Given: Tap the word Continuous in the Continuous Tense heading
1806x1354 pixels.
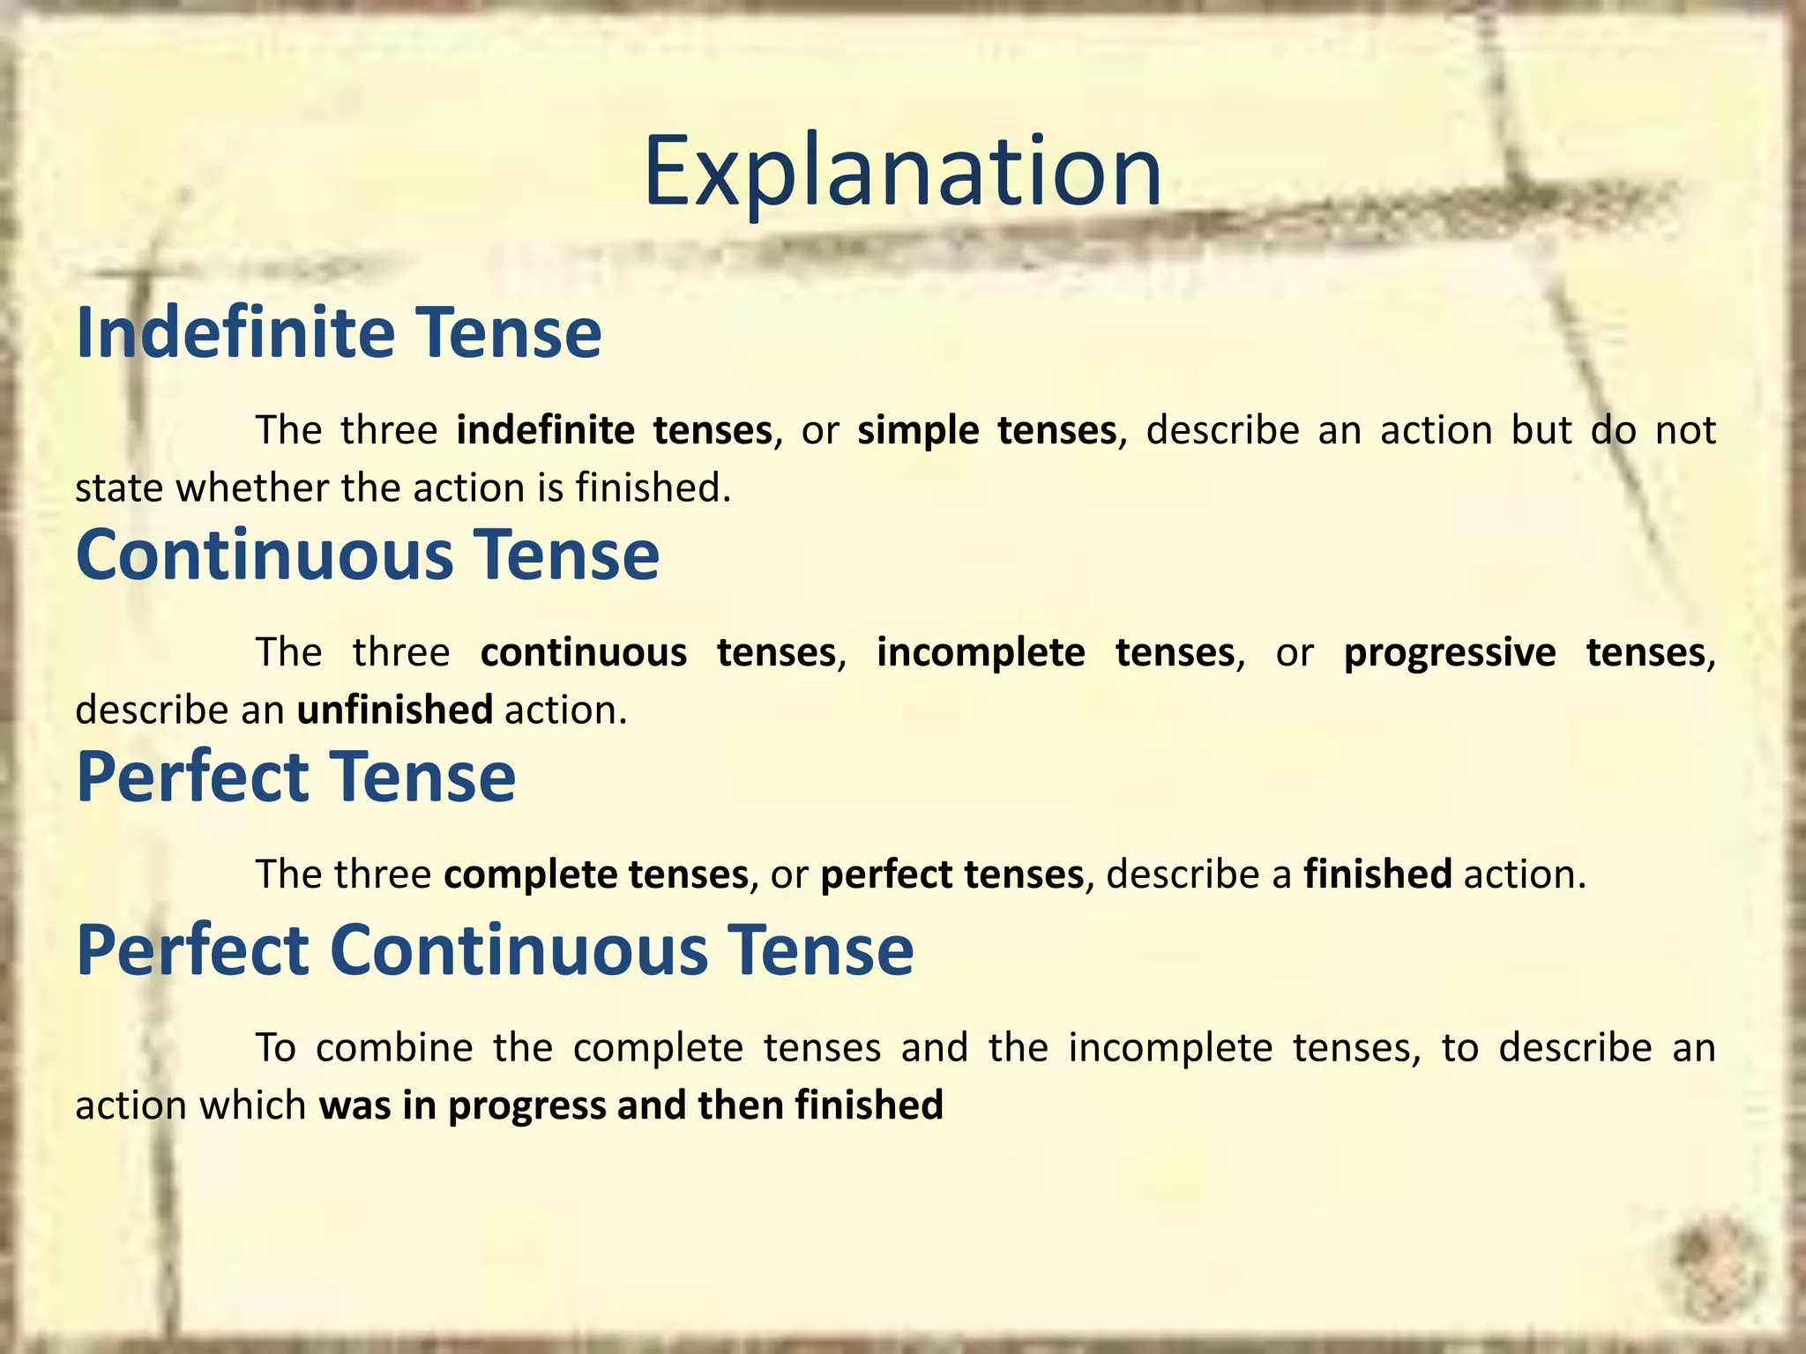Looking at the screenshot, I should click(265, 554).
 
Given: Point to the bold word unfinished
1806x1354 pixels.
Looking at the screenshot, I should click(394, 710).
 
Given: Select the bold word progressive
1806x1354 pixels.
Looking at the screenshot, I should click(1450, 653).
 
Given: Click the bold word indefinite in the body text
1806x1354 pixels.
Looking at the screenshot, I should click(545, 430).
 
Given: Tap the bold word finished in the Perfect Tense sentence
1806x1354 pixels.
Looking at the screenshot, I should click(1377, 874).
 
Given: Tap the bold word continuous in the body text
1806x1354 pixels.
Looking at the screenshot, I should click(583, 653).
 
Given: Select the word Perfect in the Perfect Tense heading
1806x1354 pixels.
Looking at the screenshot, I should click(192, 777).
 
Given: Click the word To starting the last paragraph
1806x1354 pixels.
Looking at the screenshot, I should click(275, 1048).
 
